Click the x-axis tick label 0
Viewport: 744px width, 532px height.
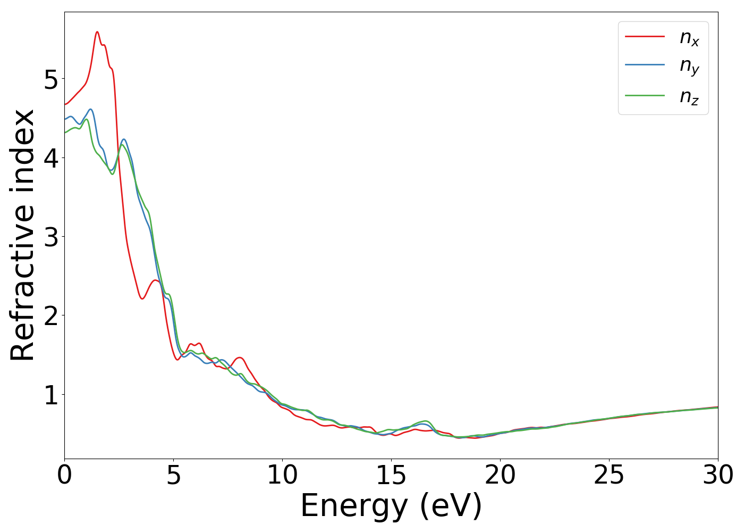tap(64, 475)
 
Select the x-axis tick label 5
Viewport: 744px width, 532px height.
tap(173, 475)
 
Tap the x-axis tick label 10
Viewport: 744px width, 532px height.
tap(282, 475)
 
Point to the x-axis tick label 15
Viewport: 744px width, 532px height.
tap(391, 475)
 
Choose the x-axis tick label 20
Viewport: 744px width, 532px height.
tap(500, 475)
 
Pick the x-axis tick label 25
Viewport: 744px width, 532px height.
tap(609, 475)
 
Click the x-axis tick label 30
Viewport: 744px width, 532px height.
tap(718, 475)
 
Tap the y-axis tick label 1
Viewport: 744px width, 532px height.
tap(51, 395)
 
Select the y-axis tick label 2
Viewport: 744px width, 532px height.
tap(51, 315)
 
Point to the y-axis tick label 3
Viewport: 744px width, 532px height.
tap(51, 237)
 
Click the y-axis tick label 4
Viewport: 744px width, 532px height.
tap(51, 158)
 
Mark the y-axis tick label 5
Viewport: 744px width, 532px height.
tap(51, 79)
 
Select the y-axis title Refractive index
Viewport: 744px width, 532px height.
tap(22, 235)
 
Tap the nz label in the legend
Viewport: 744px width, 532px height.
tap(689, 96)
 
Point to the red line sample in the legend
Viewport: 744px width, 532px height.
tap(645, 36)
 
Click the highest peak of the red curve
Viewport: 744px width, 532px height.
tap(97, 32)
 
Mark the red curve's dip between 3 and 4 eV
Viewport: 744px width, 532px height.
tap(142, 298)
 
